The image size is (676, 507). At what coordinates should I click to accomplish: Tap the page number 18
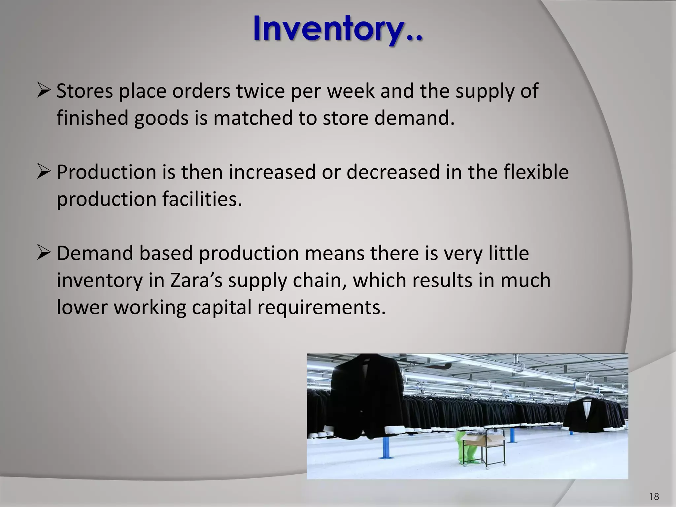pyautogui.click(x=654, y=496)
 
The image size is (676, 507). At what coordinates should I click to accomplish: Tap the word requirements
pyautogui.click(x=321, y=307)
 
